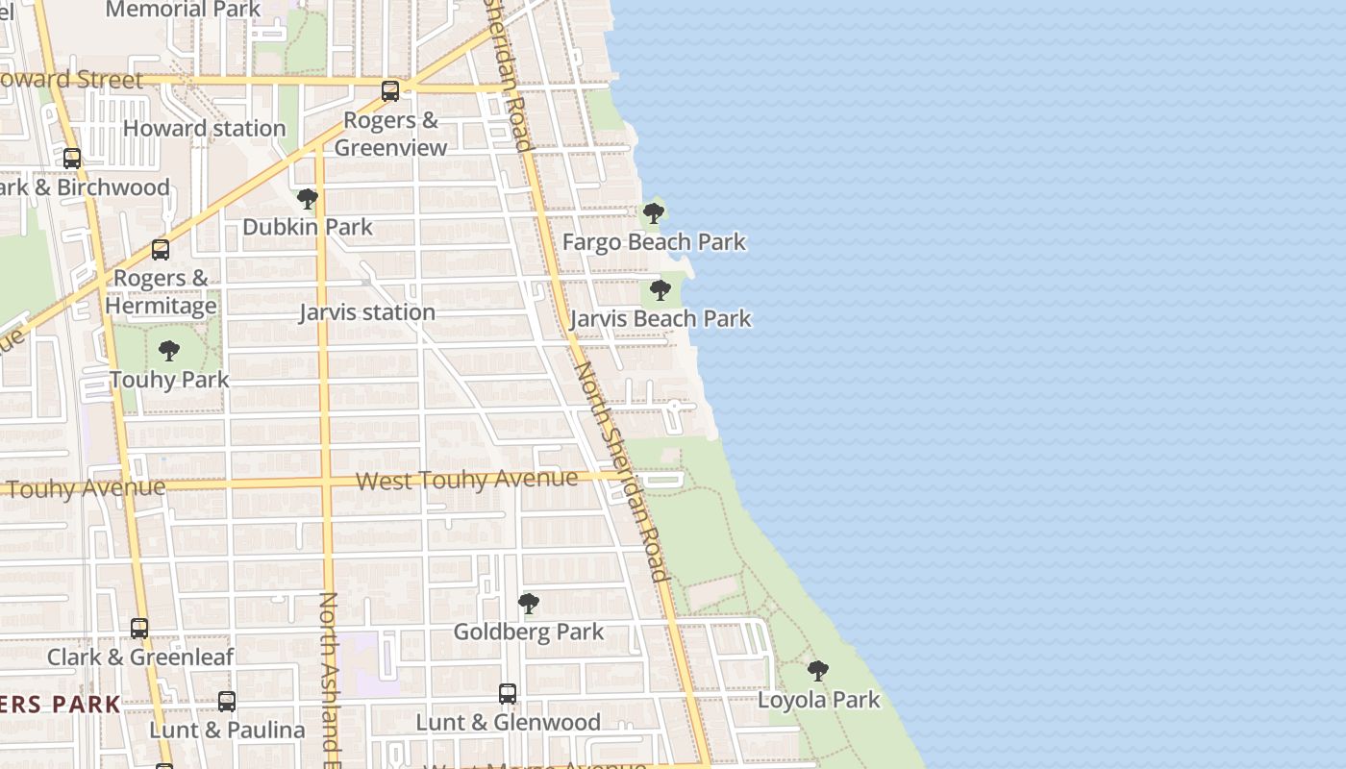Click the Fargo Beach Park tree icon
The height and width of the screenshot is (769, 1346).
(x=654, y=213)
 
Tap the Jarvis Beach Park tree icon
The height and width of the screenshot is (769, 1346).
(x=660, y=290)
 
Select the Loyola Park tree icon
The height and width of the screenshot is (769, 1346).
(x=818, y=671)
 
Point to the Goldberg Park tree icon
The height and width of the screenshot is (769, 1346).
(x=528, y=604)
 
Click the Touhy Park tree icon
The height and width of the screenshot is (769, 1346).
(x=169, y=351)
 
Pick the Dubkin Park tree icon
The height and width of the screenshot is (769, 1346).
(x=308, y=199)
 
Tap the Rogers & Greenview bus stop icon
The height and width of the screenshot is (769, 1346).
(x=390, y=91)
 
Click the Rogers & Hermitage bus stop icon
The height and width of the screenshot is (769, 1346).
(x=161, y=250)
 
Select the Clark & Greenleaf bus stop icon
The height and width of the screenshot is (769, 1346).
(x=139, y=629)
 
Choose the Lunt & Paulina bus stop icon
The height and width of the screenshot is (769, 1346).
(x=227, y=702)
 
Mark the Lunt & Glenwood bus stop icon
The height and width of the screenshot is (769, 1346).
(x=507, y=694)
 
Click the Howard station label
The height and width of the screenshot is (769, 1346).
(x=204, y=128)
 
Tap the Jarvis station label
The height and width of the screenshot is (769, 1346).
(x=367, y=312)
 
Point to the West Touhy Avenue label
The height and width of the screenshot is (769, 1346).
(x=467, y=480)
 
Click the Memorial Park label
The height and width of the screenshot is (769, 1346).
(x=183, y=10)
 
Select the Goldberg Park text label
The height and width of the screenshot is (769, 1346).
(x=529, y=632)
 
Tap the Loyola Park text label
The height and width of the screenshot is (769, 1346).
(x=818, y=700)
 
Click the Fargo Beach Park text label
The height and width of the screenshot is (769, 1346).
(x=654, y=241)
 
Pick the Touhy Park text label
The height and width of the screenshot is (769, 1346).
(x=169, y=380)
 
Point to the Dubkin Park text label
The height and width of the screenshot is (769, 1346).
(x=308, y=227)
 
